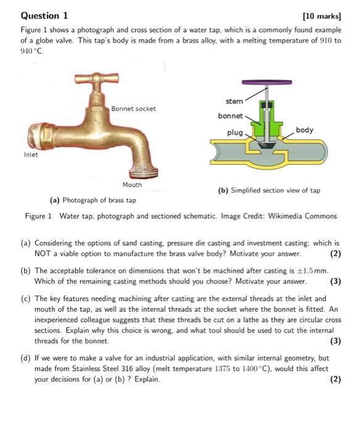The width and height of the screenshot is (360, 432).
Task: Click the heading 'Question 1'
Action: coord(44,15)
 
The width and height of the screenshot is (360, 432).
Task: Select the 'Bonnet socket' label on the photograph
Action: coord(133,109)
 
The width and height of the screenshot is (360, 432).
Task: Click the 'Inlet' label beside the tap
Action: coord(31,155)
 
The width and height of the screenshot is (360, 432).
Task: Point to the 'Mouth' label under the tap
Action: coord(132,185)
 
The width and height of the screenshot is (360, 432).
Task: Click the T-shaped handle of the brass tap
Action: coord(97,80)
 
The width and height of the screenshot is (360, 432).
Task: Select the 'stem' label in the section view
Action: coord(234,101)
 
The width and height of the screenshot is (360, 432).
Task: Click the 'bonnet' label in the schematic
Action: coord(230,115)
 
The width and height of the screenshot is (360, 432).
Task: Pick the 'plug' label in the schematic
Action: coord(235,133)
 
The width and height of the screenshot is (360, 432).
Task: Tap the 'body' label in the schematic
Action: coord(304,130)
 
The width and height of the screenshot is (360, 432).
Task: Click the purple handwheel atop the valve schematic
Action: coord(267,82)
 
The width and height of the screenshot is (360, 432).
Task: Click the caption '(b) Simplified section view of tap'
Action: coord(269,191)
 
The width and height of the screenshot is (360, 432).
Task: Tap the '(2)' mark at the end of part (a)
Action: coord(335,254)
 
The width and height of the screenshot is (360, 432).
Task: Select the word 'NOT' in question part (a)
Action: coord(43,254)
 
